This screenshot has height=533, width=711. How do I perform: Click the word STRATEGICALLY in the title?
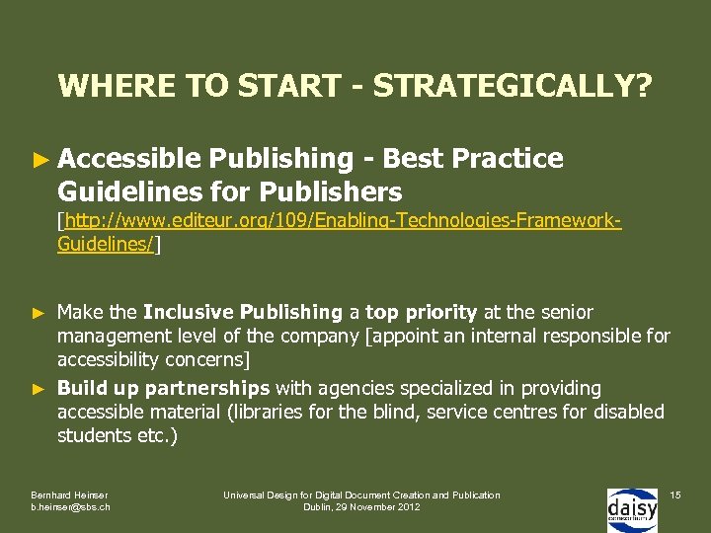[513, 86]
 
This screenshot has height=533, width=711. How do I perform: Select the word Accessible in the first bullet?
[129, 159]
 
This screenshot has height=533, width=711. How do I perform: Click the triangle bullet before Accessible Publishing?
[39, 159]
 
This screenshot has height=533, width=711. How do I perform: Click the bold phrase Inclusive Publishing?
[242, 313]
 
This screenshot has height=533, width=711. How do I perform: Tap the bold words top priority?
[421, 313]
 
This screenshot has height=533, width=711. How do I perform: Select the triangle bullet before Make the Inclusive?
[39, 313]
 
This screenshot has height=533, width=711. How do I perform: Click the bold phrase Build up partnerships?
[163, 388]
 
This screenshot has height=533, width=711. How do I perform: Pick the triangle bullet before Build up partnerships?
[39, 388]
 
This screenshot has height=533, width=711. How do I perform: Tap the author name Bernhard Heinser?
[68, 495]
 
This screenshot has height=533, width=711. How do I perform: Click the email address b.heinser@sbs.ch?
[70, 507]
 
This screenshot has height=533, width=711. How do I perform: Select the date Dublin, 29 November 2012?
[360, 507]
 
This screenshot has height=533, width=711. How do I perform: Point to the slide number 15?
[675, 495]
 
